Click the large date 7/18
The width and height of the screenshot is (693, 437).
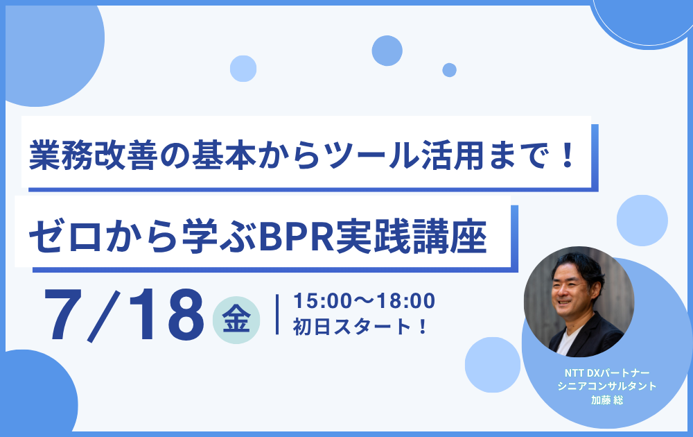click(124, 315)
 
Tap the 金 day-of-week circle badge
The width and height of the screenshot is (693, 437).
click(236, 320)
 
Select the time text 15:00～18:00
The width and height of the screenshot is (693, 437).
click(365, 301)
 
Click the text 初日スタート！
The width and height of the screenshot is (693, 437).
click(360, 327)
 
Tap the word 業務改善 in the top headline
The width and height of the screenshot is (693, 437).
click(94, 155)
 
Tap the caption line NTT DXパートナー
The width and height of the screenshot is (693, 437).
click(607, 373)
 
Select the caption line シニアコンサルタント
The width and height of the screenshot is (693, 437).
click(607, 386)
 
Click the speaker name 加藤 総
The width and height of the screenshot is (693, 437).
click(607, 400)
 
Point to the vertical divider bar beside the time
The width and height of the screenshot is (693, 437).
click(277, 314)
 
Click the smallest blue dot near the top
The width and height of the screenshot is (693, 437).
click(450, 70)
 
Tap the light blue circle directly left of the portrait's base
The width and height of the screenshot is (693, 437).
click(492, 365)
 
